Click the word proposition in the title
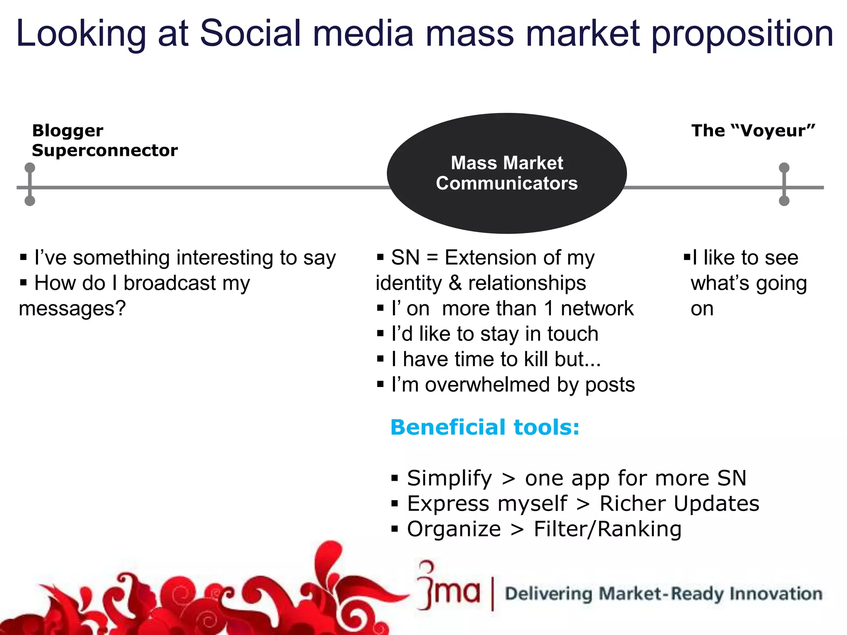pyautogui.click(x=742, y=35)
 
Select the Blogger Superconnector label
pyautogui.click(x=104, y=141)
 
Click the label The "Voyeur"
pyautogui.click(x=753, y=131)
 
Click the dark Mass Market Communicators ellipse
pyautogui.click(x=507, y=173)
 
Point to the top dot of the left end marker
pyautogui.click(x=30, y=167)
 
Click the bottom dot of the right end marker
pyautogui.click(x=784, y=201)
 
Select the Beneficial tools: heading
pyautogui.click(x=485, y=427)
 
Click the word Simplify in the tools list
pyautogui.click(x=450, y=478)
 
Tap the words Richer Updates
pyautogui.click(x=679, y=504)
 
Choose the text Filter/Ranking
pyautogui.click(x=607, y=529)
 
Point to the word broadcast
pyautogui.click(x=170, y=284)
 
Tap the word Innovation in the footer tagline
pyautogui.click(x=775, y=594)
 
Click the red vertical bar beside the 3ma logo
pyautogui.click(x=492, y=594)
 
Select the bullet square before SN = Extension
pyautogui.click(x=380, y=258)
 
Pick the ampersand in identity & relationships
pyautogui.click(x=455, y=284)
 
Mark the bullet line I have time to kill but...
pyautogui.click(x=495, y=359)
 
